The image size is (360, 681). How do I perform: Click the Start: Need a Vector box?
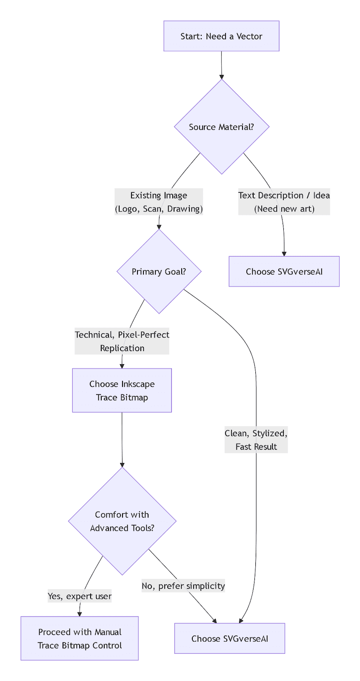221,36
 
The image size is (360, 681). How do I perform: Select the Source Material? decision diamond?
221,127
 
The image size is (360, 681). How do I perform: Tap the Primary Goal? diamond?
159,272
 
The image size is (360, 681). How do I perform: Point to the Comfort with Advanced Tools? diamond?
122,521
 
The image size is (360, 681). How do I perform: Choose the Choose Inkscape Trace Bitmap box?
122,390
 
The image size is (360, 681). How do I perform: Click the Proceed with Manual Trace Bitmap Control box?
80,638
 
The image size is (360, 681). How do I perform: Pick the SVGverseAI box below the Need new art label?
284,272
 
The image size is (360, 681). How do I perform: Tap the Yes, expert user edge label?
80,596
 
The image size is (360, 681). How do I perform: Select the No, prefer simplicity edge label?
183,586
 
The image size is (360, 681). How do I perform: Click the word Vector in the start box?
249,37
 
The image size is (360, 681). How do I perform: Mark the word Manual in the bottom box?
108,632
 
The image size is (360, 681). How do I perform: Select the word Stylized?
270,433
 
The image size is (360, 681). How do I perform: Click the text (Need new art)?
284,209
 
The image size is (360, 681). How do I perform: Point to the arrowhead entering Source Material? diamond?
222,77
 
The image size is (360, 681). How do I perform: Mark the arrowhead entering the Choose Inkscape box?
122,366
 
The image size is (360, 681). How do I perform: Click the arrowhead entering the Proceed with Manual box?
80,614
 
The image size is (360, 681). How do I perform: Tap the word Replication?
122,348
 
